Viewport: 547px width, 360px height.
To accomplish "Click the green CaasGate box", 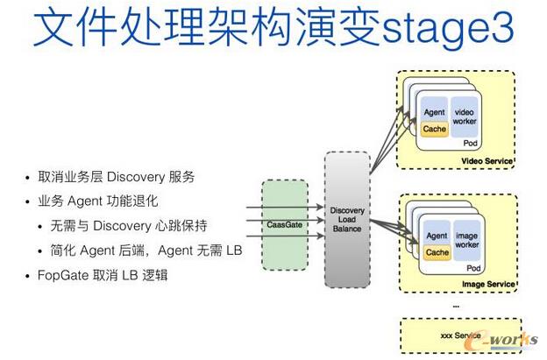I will coord(285,224).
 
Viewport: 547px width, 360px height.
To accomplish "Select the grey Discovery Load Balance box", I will coord(346,220).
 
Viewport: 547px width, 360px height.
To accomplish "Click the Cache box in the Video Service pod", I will coord(434,129).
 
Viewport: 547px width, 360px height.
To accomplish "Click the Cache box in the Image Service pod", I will coord(435,253).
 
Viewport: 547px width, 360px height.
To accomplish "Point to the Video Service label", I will coord(487,163).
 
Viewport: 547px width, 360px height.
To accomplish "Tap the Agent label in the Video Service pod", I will coord(434,113).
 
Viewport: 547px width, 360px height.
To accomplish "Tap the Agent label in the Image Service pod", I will coord(436,236).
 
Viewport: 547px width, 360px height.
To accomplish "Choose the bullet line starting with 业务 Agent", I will coord(103,201).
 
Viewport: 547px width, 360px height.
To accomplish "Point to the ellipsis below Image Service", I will coord(456,304).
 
